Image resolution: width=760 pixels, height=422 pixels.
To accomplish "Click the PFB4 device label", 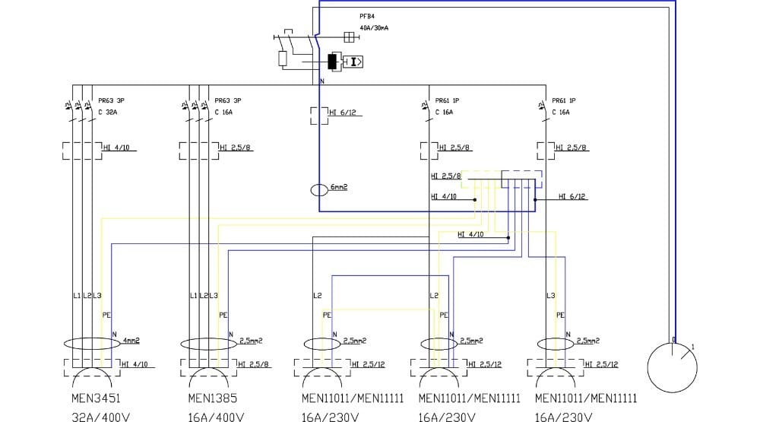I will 367,16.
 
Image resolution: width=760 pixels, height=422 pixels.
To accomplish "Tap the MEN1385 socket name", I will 208,398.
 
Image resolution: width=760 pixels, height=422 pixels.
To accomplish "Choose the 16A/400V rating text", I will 216,417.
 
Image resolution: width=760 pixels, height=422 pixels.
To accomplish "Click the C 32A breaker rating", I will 108,112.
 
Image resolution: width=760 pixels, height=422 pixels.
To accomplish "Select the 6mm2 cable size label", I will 339,187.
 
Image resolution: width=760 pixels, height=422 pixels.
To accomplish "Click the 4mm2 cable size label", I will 131,341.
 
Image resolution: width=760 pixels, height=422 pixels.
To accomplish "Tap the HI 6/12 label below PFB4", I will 343,113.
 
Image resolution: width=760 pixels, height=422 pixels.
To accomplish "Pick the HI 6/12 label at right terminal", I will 572,197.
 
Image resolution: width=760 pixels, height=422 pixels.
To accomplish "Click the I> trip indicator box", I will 354,62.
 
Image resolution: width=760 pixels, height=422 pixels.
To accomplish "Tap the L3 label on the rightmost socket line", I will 551,295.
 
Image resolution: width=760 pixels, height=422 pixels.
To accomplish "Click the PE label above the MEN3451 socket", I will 106,314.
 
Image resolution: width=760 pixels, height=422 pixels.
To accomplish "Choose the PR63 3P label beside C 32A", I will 111,100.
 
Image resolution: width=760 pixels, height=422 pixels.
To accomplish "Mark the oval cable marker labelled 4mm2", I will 90,343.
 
